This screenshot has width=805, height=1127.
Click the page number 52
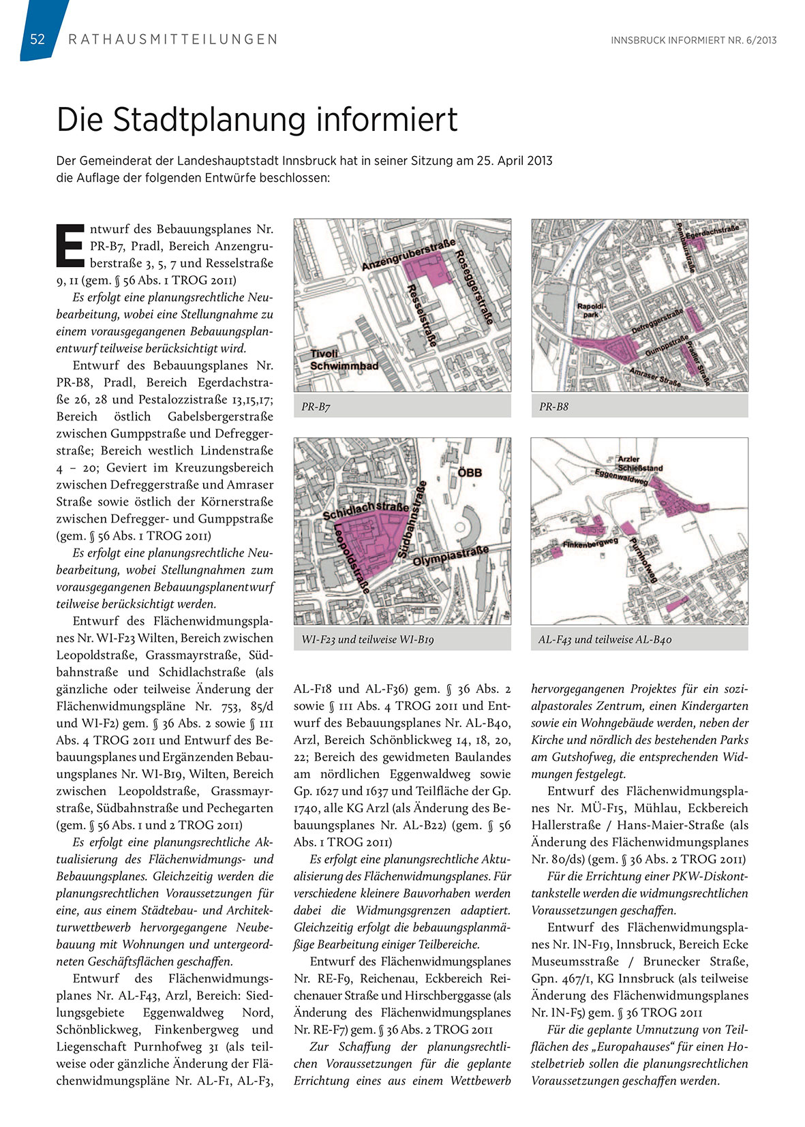tap(37, 40)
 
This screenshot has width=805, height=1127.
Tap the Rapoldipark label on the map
tap(588, 311)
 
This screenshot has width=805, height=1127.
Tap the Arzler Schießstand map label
tap(639, 464)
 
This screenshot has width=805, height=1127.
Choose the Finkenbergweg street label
tap(590, 544)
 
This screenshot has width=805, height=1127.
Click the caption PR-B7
tap(316, 407)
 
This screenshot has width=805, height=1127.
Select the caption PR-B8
tap(553, 407)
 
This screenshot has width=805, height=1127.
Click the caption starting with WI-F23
tap(367, 640)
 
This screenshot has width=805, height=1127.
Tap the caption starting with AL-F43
tap(605, 640)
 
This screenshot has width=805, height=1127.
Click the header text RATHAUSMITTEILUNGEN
tap(173, 40)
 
